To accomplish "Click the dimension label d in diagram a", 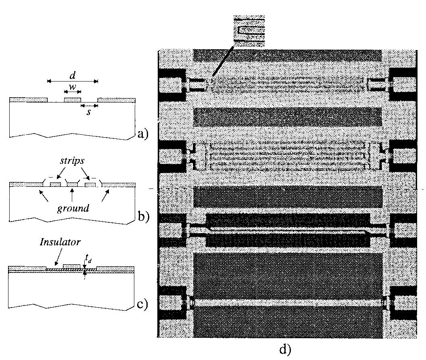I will [73, 75].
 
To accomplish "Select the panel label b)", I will [143, 217].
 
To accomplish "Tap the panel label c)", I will [142, 303].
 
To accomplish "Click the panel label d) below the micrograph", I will [285, 349].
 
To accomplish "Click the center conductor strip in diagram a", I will [73, 100].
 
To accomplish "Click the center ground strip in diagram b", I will [71, 184].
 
